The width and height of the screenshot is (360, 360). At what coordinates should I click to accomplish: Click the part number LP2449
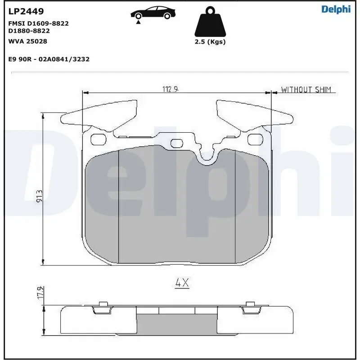tap(26, 11)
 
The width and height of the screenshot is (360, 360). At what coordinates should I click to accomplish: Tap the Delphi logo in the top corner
tap(336, 9)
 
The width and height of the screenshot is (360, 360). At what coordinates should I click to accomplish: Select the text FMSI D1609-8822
tap(38, 23)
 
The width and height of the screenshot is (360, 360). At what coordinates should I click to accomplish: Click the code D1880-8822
tap(29, 31)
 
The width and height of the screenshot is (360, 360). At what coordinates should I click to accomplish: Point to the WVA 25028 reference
tap(27, 41)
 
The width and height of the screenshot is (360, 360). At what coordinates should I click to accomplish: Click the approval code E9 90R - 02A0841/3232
tap(49, 59)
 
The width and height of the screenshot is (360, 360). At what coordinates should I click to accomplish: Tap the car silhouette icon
tap(153, 14)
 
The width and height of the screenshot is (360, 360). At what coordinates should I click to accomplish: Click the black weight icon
tap(210, 22)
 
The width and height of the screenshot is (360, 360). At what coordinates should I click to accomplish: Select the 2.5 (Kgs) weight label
tap(210, 42)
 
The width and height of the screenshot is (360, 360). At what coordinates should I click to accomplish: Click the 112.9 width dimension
tap(171, 89)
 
